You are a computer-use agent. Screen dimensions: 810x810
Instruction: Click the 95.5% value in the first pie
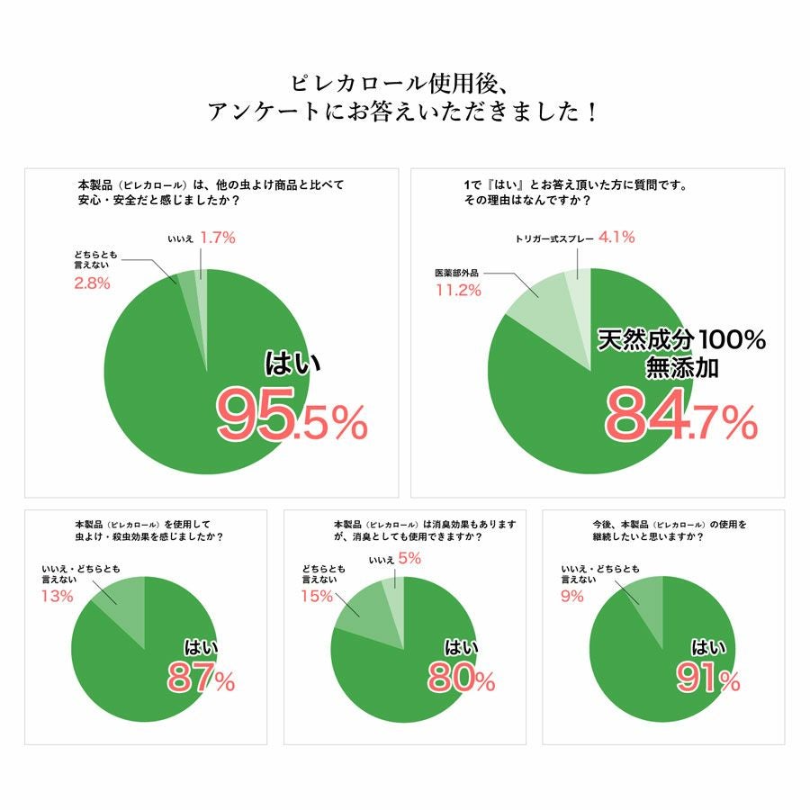click(293, 416)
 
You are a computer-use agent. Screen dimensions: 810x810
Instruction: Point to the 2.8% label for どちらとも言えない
click(91, 283)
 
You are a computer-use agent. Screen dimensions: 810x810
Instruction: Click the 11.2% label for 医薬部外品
click(457, 290)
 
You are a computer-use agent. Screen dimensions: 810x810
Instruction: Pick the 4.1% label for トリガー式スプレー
click(616, 238)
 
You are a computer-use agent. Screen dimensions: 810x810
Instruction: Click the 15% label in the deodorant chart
click(316, 596)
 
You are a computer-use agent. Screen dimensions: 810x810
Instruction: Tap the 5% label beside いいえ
click(409, 558)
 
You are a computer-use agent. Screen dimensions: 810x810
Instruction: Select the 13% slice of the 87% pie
click(121, 603)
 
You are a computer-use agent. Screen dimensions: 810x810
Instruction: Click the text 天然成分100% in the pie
click(682, 340)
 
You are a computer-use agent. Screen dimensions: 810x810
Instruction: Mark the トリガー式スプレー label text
click(552, 238)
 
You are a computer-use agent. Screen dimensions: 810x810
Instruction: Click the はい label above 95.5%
click(292, 362)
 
